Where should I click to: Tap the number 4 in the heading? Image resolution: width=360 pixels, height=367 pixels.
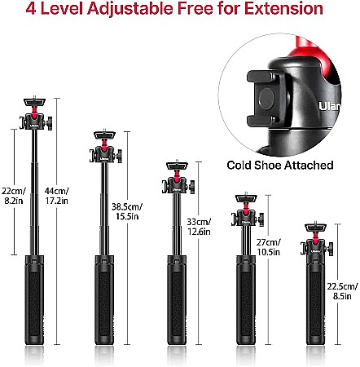tap(31, 8)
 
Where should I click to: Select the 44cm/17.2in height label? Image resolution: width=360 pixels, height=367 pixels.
tap(57, 196)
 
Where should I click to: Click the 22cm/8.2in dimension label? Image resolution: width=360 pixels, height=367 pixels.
tap(14, 196)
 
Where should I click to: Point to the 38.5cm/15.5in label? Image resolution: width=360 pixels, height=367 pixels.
tap(127, 211)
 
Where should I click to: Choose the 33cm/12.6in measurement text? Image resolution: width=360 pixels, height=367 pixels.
tap(199, 227)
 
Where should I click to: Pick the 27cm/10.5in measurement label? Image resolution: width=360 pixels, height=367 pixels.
tap(269, 247)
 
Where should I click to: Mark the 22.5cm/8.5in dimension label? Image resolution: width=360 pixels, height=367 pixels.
tap(342, 291)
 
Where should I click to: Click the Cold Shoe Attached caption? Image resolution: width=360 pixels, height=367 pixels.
tap(280, 166)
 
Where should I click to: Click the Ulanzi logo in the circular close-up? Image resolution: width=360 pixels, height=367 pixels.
tap(329, 106)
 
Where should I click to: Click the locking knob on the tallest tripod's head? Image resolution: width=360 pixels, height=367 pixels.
tap(50, 123)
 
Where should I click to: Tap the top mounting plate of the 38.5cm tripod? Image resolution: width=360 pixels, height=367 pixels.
tap(104, 135)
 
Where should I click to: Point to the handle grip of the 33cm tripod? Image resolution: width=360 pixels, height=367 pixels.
tap(177, 300)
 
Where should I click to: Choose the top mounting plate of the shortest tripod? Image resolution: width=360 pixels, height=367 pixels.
tap(315, 228)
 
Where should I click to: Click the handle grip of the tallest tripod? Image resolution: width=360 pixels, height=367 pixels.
tap(34, 300)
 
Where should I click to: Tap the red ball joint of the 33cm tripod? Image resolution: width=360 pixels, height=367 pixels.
tap(177, 175)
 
